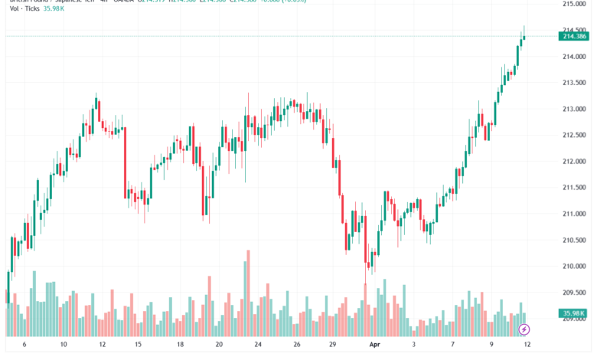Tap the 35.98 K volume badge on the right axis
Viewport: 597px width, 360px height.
click(574, 313)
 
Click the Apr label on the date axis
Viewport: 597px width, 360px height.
click(375, 345)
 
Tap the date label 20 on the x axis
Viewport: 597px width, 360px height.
click(219, 345)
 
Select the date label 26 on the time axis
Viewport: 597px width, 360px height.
click(297, 345)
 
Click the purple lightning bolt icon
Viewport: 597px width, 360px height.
click(524, 330)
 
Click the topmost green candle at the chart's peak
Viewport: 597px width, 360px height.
click(524, 35)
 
